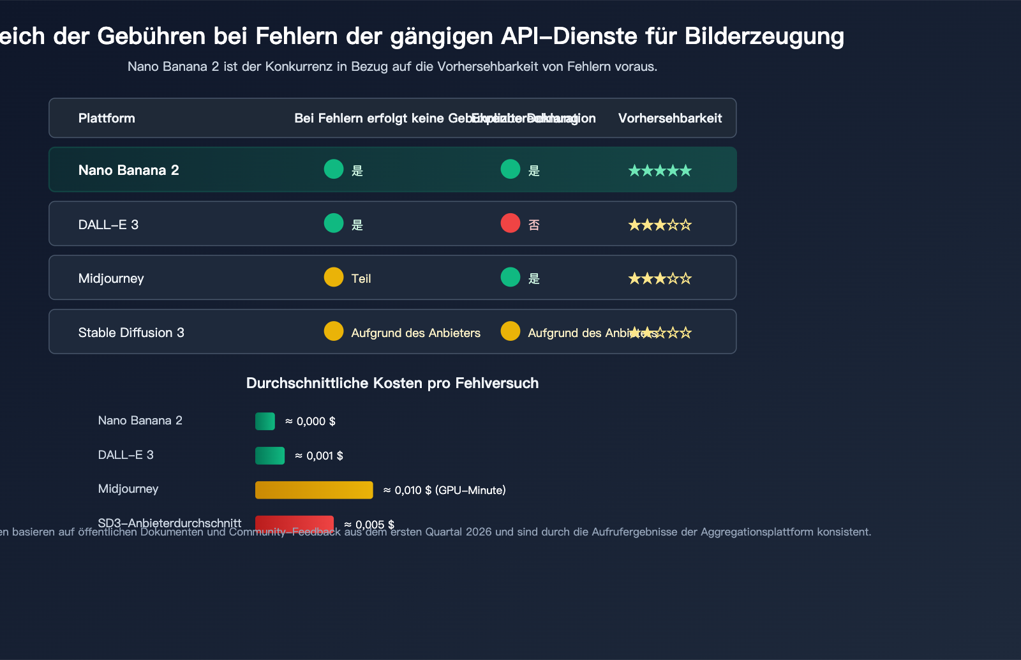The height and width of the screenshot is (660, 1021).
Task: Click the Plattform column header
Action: (x=107, y=118)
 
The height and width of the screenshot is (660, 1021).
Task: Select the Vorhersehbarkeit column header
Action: (x=670, y=118)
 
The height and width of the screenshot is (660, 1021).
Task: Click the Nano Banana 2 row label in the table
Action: (x=128, y=170)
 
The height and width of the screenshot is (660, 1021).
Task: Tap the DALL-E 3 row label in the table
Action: (x=108, y=225)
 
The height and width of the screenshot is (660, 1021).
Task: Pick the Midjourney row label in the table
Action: (x=111, y=278)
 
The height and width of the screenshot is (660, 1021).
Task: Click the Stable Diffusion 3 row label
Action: (x=131, y=333)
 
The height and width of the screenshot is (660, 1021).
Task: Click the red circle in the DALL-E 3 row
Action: (x=511, y=223)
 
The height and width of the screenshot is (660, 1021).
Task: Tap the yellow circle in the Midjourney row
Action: (x=334, y=277)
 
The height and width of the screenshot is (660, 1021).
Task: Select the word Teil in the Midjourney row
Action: (x=361, y=279)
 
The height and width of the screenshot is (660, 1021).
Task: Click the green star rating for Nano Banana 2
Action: (x=660, y=170)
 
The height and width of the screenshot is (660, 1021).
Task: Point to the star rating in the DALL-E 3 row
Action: (x=660, y=225)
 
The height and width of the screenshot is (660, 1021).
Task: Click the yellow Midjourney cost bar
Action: (x=314, y=490)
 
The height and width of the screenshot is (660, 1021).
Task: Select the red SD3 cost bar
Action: (x=294, y=523)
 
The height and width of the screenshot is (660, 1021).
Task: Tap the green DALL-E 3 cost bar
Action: (x=270, y=456)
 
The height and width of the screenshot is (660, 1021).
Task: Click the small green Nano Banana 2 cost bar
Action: (x=265, y=421)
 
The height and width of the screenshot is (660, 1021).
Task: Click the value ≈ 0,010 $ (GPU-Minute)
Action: (x=444, y=490)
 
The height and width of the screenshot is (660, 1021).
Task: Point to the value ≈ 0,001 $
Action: (x=319, y=456)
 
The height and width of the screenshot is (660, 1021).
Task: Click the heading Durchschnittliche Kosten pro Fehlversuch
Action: (x=392, y=383)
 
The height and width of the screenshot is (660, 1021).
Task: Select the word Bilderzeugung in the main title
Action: (x=764, y=36)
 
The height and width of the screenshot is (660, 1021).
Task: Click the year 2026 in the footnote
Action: (x=479, y=532)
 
